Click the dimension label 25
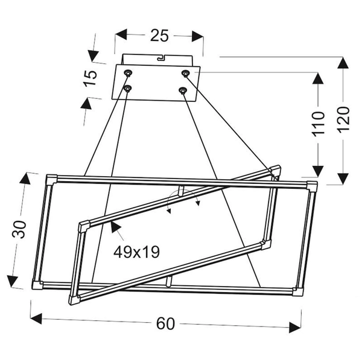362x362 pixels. click(x=159, y=36)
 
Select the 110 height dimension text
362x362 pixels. click(x=319, y=124)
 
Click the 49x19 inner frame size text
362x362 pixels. click(x=136, y=251)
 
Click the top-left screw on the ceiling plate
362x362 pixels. click(x=128, y=73)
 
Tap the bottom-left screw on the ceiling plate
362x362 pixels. click(x=127, y=89)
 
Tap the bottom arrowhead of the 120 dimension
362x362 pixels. click(x=343, y=178)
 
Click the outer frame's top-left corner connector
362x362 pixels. click(x=51, y=179)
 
